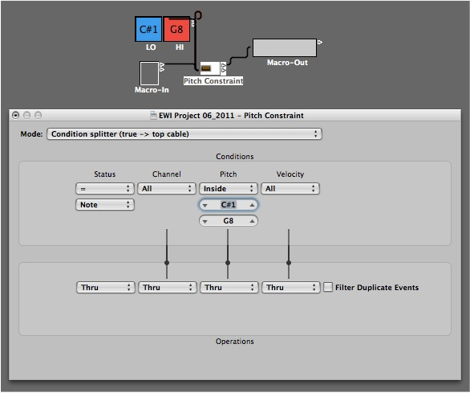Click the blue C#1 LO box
[x=148, y=29]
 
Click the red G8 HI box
[x=176, y=29]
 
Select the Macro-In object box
[x=149, y=73]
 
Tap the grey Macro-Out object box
[x=285, y=47]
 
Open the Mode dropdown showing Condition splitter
[x=184, y=134]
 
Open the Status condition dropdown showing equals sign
[x=104, y=189]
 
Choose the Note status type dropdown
[x=104, y=205]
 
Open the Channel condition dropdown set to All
[x=167, y=189]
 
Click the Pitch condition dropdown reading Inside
[x=229, y=189]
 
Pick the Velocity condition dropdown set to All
[x=290, y=189]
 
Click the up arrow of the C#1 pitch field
[x=252, y=205]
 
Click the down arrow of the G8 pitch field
[x=205, y=222]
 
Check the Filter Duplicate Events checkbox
[x=328, y=287]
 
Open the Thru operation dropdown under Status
[x=106, y=288]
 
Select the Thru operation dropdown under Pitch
[x=229, y=288]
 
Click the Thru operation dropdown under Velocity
[x=291, y=288]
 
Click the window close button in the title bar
[x=15, y=115]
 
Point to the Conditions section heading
[x=235, y=157]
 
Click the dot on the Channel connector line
[x=167, y=263]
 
